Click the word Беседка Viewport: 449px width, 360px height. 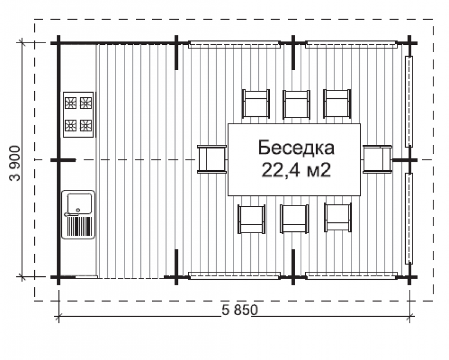296,148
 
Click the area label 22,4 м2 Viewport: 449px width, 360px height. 295,170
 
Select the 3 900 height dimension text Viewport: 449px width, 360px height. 15,162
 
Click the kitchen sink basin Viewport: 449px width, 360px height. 78,203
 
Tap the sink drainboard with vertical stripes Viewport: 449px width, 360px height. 79,226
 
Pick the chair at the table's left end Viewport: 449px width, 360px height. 212,159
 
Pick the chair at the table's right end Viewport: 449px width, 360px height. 377,159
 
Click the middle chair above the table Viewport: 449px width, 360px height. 296,104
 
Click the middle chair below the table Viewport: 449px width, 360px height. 294,218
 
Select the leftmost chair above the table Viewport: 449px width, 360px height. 256,104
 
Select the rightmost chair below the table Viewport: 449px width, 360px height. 338,218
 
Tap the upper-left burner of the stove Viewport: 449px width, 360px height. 71,103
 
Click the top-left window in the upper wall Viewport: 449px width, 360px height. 234,44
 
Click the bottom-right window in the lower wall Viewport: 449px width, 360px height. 351,275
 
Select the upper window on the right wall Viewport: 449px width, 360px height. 409,101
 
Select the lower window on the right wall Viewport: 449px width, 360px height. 409,218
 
